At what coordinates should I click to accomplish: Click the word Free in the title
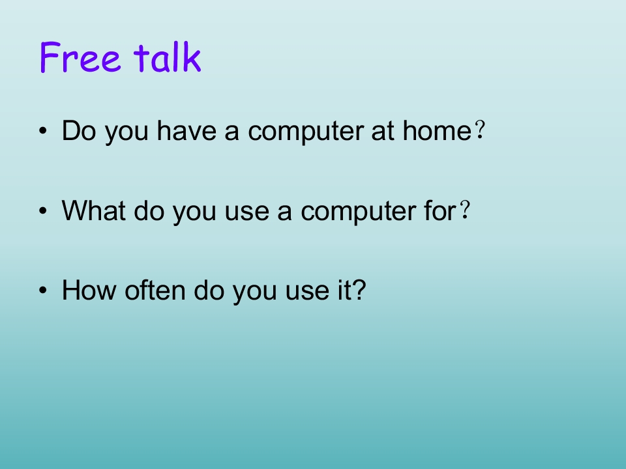(x=80, y=57)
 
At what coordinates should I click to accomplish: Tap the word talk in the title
(x=167, y=57)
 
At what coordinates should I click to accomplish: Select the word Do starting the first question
(x=79, y=130)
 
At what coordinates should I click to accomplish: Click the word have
(x=186, y=130)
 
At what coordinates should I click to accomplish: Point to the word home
(x=437, y=130)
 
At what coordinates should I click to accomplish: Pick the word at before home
(x=383, y=131)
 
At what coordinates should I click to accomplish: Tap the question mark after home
(x=481, y=130)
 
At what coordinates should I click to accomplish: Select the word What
(x=94, y=210)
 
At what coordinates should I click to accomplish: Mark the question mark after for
(x=465, y=210)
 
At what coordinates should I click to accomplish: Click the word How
(x=89, y=290)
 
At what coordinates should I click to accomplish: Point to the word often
(x=155, y=290)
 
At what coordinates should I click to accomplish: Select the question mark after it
(x=359, y=290)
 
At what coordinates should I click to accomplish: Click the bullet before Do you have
(x=43, y=131)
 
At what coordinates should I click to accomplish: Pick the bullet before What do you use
(x=43, y=210)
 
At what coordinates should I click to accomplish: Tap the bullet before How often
(x=43, y=291)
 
